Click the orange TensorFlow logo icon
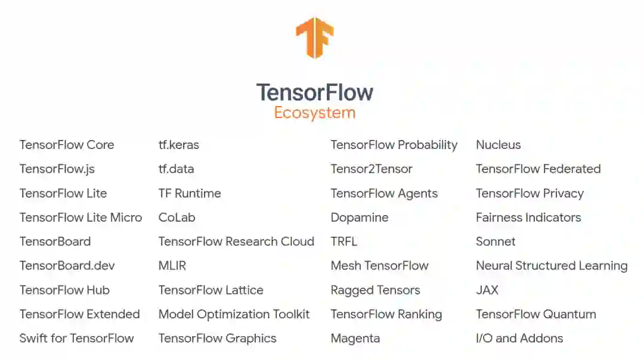click(314, 37)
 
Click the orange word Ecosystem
click(314, 113)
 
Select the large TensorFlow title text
click(314, 92)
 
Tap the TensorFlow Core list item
click(66, 145)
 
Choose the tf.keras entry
click(178, 145)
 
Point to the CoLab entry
click(177, 218)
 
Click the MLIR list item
click(172, 266)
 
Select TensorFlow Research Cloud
click(236, 241)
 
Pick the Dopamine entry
click(359, 218)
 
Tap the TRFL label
click(343, 241)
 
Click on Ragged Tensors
click(375, 290)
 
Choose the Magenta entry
click(355, 339)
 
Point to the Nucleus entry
click(498, 145)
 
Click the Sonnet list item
click(496, 241)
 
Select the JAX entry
click(487, 290)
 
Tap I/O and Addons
click(519, 339)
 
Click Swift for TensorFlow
click(76, 339)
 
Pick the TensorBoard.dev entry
click(67, 266)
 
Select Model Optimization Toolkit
click(234, 314)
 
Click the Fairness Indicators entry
click(528, 218)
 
